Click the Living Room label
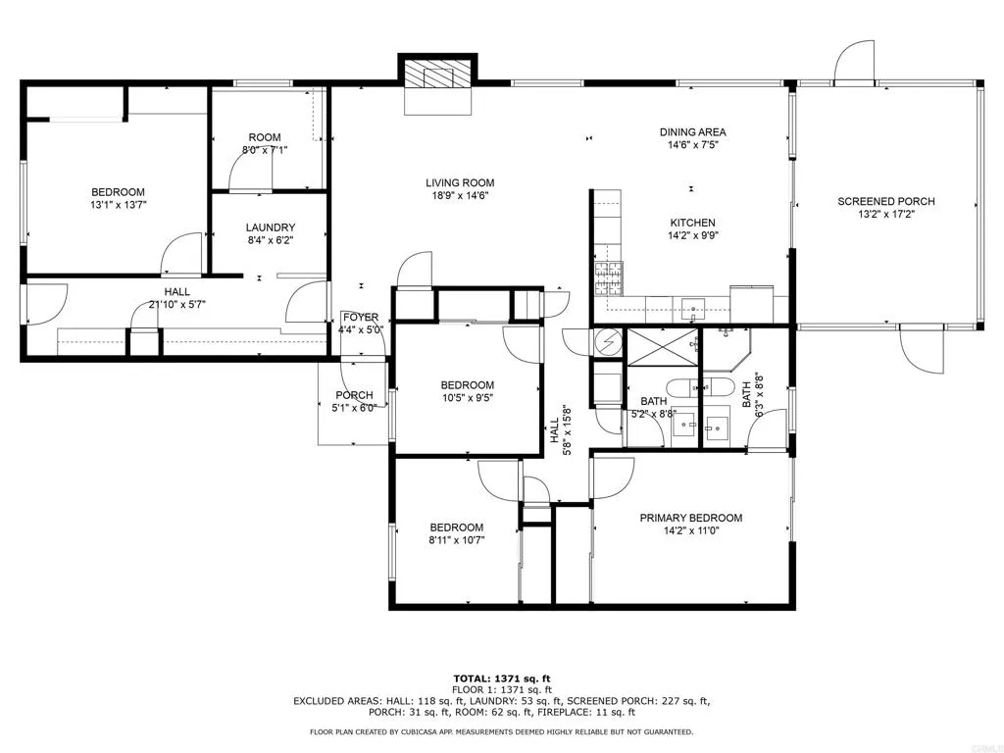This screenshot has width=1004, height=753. (460, 183)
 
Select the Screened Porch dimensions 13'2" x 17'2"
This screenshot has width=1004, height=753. (886, 215)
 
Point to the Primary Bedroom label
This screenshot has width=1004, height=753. (691, 518)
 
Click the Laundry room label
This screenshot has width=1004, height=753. (271, 227)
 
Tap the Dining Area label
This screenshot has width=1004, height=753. (693, 132)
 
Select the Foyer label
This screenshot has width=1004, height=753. (361, 318)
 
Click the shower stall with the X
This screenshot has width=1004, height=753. (662, 347)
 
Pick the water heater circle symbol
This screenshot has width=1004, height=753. (608, 342)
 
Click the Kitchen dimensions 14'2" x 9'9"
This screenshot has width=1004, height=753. (693, 235)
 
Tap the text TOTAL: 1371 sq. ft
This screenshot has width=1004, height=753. (502, 678)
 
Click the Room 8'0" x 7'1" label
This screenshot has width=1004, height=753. (265, 144)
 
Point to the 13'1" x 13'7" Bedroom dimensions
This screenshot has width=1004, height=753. (118, 206)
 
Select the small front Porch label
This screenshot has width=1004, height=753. (354, 396)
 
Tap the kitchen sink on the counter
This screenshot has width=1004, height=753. (693, 309)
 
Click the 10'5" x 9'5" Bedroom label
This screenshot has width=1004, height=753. (468, 391)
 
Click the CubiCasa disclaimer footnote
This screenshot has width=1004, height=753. (501, 731)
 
